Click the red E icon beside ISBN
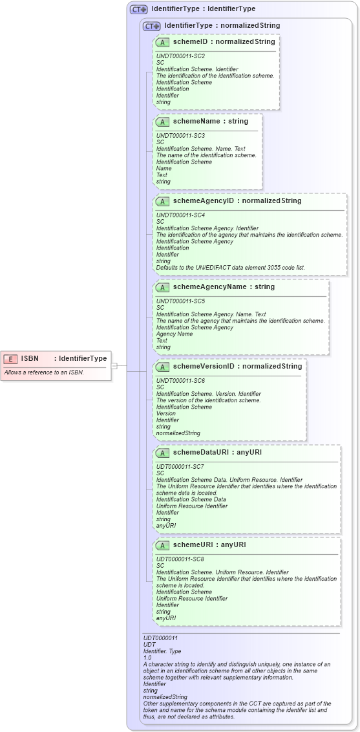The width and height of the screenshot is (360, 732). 10,358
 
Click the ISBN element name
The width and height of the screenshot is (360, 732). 30,358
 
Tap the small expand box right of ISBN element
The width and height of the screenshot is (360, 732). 114,365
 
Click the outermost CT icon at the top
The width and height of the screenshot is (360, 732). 138,9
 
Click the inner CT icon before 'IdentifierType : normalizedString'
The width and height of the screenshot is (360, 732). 151,26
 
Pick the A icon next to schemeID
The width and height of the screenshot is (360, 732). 163,42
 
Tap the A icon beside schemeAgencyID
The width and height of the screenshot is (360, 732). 163,201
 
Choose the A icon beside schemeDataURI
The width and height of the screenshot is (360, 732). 163,453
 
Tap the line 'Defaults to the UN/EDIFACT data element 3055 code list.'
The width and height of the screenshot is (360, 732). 230,267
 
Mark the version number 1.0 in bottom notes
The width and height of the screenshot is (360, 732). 147,658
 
